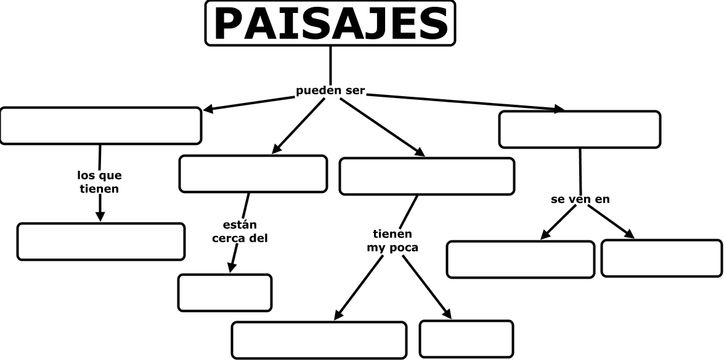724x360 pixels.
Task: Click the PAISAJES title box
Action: tap(330, 23)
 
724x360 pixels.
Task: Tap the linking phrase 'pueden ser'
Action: tap(331, 91)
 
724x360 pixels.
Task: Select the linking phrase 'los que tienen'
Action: tap(99, 182)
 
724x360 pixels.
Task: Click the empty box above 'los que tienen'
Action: tap(100, 126)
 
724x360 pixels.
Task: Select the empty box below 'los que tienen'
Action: tap(100, 242)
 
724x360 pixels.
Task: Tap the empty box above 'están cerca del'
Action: tap(253, 174)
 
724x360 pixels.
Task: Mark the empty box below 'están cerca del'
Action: tap(225, 292)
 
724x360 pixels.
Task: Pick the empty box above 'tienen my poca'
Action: tap(426, 176)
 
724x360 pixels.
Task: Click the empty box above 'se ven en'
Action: tap(579, 129)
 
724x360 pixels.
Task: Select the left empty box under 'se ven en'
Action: tap(520, 259)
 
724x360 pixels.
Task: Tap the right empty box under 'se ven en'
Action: tap(661, 258)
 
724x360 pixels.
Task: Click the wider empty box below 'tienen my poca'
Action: tap(319, 340)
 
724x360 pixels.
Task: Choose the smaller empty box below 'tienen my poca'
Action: tap(466, 338)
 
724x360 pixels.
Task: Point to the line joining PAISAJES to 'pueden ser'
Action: tap(331, 65)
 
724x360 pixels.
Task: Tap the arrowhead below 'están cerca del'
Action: tap(232, 267)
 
